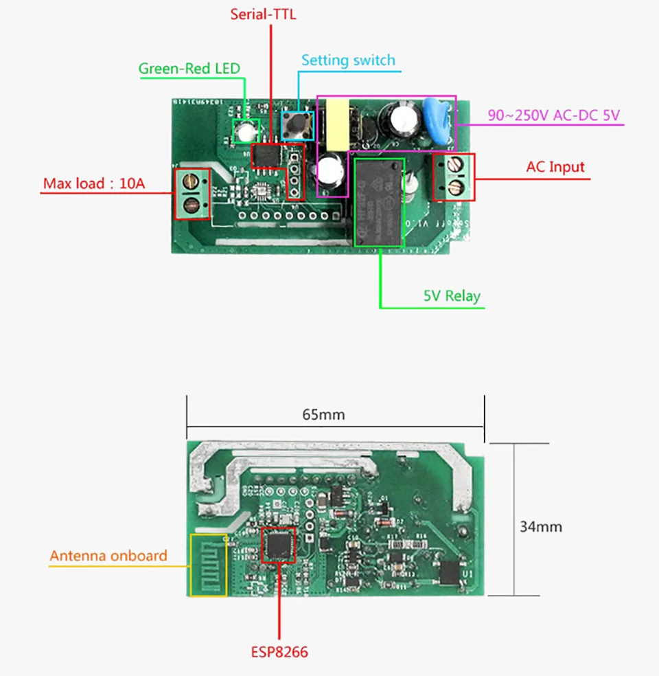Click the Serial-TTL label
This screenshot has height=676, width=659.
tap(264, 14)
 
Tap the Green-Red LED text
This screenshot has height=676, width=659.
tap(189, 68)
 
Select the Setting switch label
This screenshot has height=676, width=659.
tap(348, 60)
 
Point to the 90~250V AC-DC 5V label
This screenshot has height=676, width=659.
tap(553, 115)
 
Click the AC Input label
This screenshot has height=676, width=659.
tap(555, 166)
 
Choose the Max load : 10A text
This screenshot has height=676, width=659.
tap(94, 183)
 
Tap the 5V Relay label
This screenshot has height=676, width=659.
tap(452, 296)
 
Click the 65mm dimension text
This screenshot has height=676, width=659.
tap(323, 414)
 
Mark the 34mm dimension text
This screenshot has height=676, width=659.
tap(540, 527)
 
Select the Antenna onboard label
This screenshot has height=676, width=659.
tap(108, 555)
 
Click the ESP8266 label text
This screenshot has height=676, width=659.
tap(279, 650)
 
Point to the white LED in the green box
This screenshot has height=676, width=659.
tap(245, 130)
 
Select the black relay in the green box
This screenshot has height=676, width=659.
tap(379, 201)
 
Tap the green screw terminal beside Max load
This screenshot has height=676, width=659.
tap(193, 194)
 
